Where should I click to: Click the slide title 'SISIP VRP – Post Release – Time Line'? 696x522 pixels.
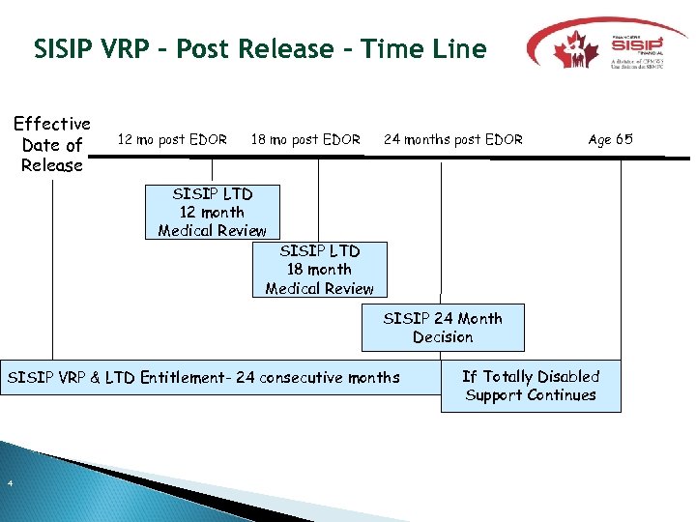tap(259, 48)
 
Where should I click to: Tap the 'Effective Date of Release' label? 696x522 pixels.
tap(52, 144)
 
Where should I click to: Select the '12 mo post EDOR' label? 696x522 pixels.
tap(172, 139)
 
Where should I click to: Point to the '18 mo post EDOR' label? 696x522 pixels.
tap(305, 139)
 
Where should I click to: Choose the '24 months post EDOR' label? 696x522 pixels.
tap(453, 139)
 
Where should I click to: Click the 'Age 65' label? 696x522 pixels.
tap(610, 139)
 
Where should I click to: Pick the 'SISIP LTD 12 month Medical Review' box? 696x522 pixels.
tap(213, 212)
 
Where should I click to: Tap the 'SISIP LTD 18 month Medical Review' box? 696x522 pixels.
tap(319, 269)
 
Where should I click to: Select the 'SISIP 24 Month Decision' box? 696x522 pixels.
tap(443, 328)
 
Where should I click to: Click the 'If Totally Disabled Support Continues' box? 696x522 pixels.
tap(531, 386)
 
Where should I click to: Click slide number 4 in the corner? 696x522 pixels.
tap(9, 483)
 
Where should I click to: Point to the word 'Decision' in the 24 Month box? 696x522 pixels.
tap(443, 337)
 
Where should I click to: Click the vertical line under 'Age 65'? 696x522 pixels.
tap(621, 261)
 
